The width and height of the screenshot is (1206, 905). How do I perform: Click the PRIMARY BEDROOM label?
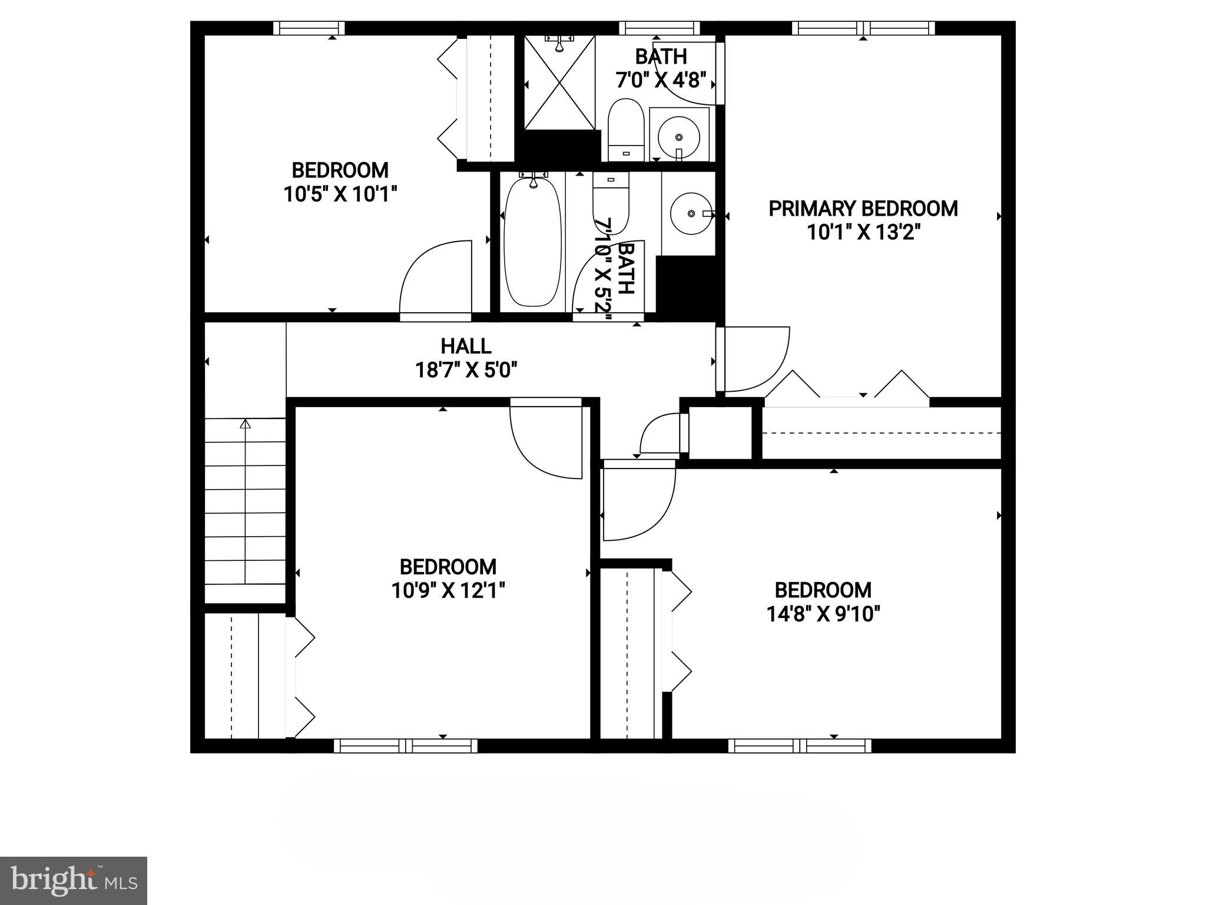[863, 209]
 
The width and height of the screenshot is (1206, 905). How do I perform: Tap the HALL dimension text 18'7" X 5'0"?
[466, 371]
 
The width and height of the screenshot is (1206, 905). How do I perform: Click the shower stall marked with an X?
[559, 82]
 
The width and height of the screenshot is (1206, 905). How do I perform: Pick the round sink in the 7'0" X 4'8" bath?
[678, 137]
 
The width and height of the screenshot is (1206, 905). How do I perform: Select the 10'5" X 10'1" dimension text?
[340, 194]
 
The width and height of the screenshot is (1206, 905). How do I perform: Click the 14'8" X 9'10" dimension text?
[823, 615]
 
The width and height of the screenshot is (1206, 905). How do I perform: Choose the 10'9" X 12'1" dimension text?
[449, 590]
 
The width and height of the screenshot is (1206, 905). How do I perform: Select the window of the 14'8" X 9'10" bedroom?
[800, 746]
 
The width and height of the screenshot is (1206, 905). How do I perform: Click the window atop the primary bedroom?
[863, 28]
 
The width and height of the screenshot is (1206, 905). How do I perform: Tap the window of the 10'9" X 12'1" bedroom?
[406, 746]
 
